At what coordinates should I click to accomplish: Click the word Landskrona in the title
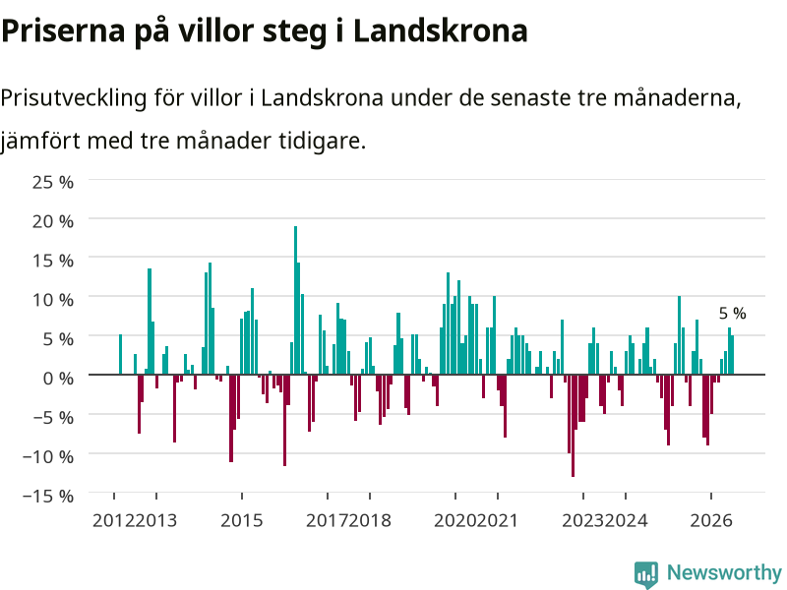pos(440,30)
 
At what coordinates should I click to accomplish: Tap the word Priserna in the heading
pos(63,30)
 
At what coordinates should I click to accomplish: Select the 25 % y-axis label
pos(53,182)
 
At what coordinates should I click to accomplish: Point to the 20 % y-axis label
pos(53,221)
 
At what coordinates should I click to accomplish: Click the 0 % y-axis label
pos(58,378)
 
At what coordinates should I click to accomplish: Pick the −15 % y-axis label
pos(48,496)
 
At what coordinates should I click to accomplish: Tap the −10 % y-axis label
pos(48,456)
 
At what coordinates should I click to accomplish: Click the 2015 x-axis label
pos(241,520)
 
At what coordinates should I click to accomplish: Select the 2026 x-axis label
pos(711,520)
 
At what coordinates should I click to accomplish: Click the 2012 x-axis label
pos(113,520)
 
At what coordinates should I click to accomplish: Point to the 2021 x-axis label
pos(497,520)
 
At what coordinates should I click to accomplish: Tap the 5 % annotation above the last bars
pos(732,313)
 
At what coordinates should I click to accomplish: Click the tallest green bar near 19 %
pos(296,300)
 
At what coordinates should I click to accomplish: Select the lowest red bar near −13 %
pos(574,426)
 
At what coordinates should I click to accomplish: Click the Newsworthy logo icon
pos(646,574)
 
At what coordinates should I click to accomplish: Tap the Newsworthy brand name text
pos(724,572)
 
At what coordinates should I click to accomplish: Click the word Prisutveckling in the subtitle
pos(74,98)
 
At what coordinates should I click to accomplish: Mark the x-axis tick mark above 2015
pos(242,496)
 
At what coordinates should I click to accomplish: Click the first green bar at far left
pos(120,354)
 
